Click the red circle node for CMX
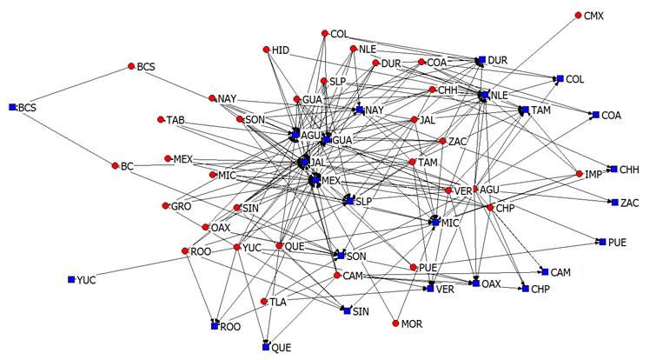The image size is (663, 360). (578, 16)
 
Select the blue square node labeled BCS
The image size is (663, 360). (12, 107)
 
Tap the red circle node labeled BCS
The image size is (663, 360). (131, 66)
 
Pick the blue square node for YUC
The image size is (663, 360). (71, 279)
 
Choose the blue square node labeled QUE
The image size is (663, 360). (266, 347)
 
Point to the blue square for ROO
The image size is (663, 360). (214, 326)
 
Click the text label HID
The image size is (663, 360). (280, 50)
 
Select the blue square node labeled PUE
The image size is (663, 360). (600, 241)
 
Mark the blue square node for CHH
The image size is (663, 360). (613, 169)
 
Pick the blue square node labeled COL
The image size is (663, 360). (560, 79)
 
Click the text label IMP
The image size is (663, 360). (593, 175)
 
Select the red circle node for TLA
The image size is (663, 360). (264, 302)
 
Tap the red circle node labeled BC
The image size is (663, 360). (115, 165)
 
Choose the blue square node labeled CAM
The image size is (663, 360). (545, 272)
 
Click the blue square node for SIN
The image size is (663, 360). (347, 310)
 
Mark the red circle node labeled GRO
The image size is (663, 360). (164, 206)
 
